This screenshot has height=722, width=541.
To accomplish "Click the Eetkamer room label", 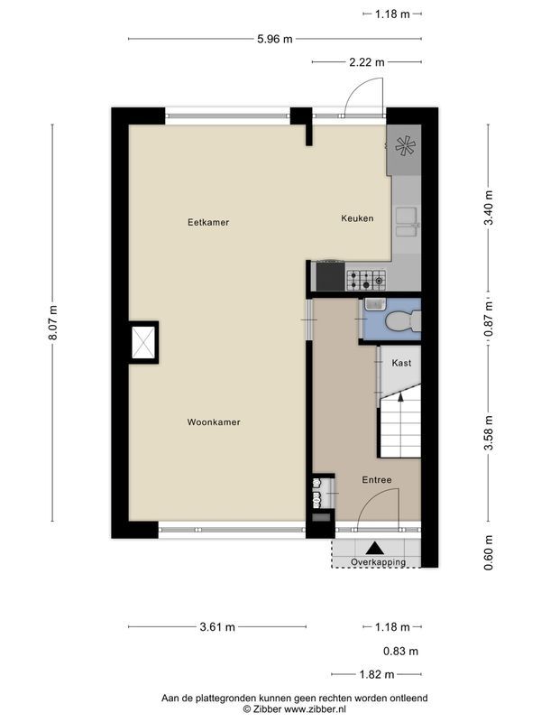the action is pos(208,222).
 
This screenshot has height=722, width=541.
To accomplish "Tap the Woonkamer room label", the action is pos(214,422).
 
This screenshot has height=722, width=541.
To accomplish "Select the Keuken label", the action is pos(357,218).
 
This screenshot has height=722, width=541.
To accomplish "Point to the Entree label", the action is pos(377,480).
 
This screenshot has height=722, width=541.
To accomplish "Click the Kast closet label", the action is pos(401,363).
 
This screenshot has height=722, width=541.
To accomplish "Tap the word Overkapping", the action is pos(378,561).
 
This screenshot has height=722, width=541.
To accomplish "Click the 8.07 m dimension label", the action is pos(53,323).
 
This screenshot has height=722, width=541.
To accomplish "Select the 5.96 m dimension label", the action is pos(275,39).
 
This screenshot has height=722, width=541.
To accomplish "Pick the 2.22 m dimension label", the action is pos(367,61).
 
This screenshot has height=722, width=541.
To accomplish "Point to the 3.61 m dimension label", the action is pos(217,626).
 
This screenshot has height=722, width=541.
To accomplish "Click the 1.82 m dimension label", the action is pos(377,674).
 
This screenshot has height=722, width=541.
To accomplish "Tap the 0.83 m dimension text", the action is pos(400,651).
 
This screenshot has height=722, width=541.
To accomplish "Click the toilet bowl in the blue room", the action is pos(400,321).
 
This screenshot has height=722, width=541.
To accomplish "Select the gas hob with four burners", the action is pos(366,281).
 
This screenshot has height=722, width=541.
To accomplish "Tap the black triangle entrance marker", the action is pos(375,548).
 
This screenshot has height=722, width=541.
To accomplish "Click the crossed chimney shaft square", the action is pos(143,342).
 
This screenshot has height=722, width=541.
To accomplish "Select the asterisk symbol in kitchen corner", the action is pos(405,146).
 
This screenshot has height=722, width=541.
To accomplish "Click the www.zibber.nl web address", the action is pos(315,709).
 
